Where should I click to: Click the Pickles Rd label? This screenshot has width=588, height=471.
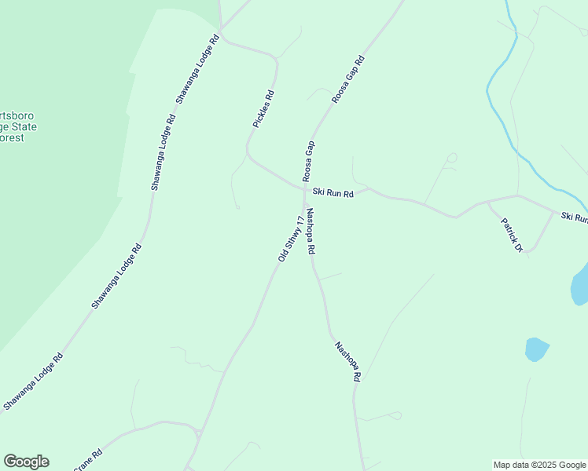click(263, 109)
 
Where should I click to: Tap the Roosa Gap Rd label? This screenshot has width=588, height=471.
click(348, 79)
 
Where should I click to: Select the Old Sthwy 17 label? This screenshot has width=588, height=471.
click(290, 238)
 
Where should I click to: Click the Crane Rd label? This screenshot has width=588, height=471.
click(88, 461)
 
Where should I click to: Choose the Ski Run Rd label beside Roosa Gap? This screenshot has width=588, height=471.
click(333, 192)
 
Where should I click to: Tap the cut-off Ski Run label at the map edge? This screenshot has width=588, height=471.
click(574, 217)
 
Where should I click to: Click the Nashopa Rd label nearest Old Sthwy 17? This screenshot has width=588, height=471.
click(311, 231)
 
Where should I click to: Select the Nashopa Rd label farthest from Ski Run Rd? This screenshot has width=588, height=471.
click(347, 361)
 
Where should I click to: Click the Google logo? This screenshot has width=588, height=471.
click(26, 462)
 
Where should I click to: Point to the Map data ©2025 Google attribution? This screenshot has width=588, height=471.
click(539, 465)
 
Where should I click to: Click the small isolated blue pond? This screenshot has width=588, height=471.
click(536, 349)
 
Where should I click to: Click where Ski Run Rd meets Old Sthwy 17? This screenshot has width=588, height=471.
click(304, 188)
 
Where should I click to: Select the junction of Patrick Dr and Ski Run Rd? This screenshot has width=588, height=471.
click(487, 202)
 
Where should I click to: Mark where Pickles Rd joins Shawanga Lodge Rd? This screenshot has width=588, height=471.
click(222, 34)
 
